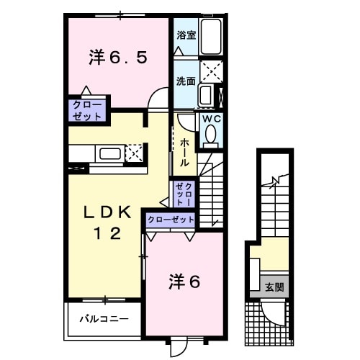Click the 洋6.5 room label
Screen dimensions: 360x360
(119, 58)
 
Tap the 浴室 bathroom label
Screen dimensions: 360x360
(186, 33)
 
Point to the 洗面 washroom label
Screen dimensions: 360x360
(186, 81)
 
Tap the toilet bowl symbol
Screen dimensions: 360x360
(211, 134)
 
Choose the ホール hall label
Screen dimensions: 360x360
(185, 152)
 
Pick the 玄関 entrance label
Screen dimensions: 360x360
(274, 287)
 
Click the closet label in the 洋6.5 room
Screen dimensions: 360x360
(87, 109)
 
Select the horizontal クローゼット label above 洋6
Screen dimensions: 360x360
(171, 219)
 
